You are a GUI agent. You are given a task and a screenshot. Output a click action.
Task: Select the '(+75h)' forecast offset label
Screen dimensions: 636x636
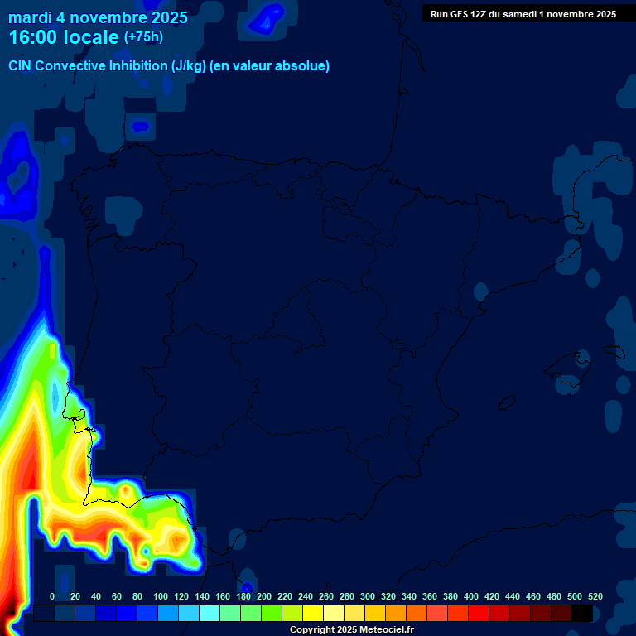(x=143, y=37)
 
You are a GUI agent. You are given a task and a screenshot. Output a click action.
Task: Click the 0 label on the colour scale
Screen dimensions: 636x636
(x=52, y=596)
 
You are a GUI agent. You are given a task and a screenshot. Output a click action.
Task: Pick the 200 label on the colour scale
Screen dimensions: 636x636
(x=264, y=596)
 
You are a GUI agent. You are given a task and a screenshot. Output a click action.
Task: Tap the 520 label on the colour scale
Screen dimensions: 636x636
(x=595, y=596)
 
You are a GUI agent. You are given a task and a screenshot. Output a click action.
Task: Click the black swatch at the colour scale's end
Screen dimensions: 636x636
(x=582, y=614)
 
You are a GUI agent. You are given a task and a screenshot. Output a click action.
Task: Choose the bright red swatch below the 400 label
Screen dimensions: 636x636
(x=479, y=614)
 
